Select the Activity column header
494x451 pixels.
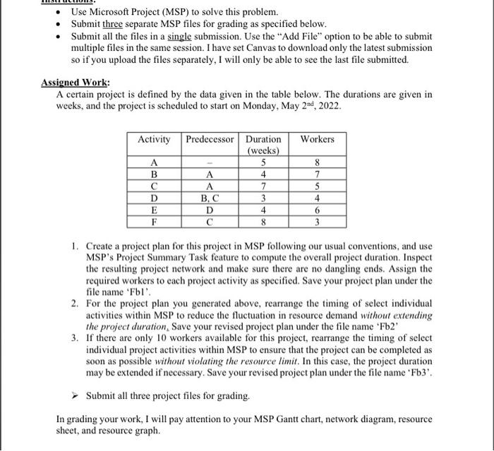(154, 139)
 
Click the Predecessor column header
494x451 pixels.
(209, 139)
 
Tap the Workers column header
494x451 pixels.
(317, 139)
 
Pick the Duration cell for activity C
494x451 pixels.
(263, 187)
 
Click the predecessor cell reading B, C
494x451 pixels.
(209, 198)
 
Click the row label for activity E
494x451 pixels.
(154, 210)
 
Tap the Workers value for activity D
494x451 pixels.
(317, 198)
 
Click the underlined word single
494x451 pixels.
(170, 35)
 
